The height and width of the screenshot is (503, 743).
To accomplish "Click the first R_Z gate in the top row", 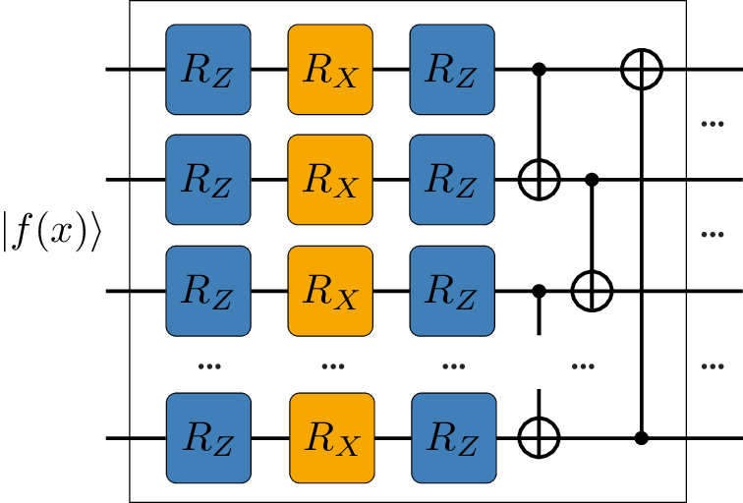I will (x=208, y=70).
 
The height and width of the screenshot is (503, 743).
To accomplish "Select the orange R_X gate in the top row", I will (x=330, y=70).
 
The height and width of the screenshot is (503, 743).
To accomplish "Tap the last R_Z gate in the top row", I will (x=452, y=70).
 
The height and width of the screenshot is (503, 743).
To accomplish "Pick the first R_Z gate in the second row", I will (x=208, y=180).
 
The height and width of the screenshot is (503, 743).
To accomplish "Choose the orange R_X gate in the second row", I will (x=330, y=180).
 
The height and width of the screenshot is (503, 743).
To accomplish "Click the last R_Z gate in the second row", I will (x=452, y=180).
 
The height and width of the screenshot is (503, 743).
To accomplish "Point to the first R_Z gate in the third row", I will (x=208, y=291).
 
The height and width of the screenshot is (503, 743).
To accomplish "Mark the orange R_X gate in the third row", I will (x=330, y=291).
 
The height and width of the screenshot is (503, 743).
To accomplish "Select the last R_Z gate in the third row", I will (x=452, y=291).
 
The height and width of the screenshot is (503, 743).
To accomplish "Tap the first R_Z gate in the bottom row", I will (x=208, y=438).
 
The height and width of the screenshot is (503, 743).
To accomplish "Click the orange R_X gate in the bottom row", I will (x=332, y=438).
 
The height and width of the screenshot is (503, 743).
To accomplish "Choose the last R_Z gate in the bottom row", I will (x=454, y=438).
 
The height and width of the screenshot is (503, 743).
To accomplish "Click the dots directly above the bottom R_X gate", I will (x=333, y=366).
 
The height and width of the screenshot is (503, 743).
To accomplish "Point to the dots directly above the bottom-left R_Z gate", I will (x=209, y=366).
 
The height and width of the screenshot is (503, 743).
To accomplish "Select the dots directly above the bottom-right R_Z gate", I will (x=453, y=366).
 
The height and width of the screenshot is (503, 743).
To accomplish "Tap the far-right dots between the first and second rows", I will (x=713, y=124).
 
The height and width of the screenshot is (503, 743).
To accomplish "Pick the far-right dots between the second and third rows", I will (x=713, y=235).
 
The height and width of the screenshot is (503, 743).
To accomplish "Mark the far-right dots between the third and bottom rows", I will (x=713, y=366).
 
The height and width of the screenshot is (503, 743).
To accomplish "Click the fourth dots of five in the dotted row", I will (x=583, y=366).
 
